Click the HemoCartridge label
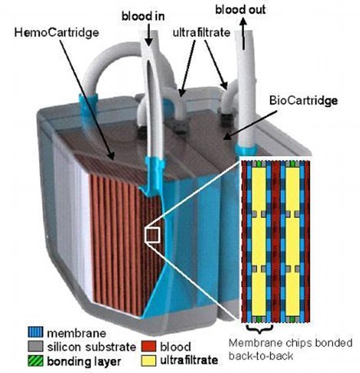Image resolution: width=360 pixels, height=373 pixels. coord(56,33)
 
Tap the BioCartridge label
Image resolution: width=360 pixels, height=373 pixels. coord(303,101)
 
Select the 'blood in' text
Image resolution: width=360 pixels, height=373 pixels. coord(143,16)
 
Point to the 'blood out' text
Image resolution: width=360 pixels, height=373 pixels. coord(240,10)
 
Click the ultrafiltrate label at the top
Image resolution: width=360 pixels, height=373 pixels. coord(202,32)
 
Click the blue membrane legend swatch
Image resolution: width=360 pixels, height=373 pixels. coord(35,332)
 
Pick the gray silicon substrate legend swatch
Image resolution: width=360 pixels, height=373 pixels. coord(35,346)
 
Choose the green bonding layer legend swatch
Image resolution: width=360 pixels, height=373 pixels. coord(35,361)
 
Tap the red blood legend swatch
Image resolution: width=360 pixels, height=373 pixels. coord(148,346)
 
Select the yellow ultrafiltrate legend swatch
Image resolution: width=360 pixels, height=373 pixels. coord(148,361)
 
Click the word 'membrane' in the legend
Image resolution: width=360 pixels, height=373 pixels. coord(76,333)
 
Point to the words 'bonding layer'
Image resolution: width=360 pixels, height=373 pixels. coord(84,361)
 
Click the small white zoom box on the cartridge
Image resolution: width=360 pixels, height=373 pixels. coord(152,235)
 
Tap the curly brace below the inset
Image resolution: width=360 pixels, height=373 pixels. coord(259,329)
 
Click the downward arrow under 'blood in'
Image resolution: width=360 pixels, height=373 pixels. coord(148,37)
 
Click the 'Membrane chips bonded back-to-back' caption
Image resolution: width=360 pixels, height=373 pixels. coord(291,349)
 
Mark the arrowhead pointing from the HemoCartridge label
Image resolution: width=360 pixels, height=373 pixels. coord(111,156)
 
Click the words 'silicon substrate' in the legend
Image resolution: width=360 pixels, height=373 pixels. coord(92,347)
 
